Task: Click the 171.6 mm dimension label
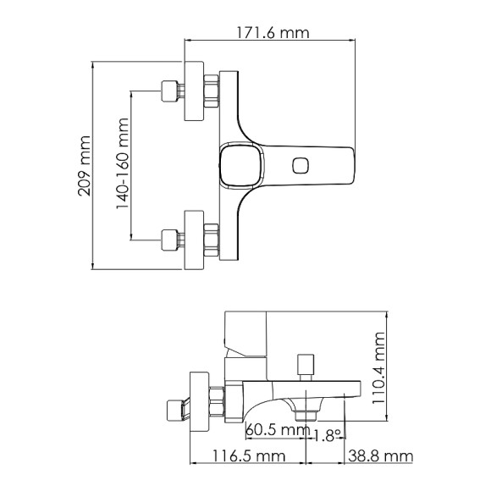click(270, 33)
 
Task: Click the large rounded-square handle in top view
click(238, 164)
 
